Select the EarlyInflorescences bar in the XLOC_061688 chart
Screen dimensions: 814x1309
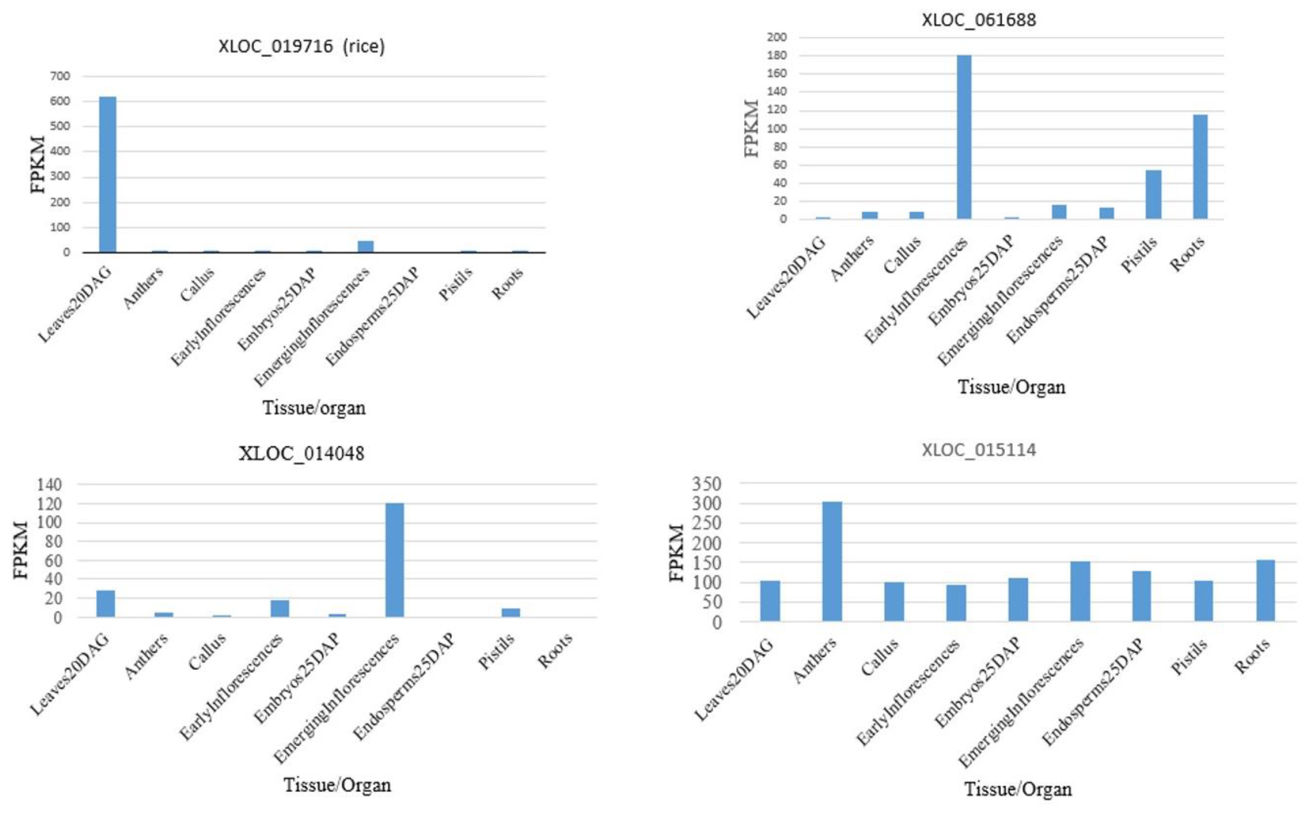pyautogui.click(x=964, y=137)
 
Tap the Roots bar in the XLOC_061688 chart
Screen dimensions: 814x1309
pyautogui.click(x=1200, y=167)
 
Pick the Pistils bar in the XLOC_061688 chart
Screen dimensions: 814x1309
pyautogui.click(x=1153, y=194)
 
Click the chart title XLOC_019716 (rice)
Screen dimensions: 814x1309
pyautogui.click(x=302, y=46)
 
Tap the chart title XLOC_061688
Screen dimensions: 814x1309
pyautogui.click(x=979, y=20)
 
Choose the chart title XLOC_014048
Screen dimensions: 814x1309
pyautogui.click(x=302, y=453)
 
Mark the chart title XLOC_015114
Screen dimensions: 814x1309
pyautogui.click(x=979, y=450)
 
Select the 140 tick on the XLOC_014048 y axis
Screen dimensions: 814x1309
pyautogui.click(x=49, y=485)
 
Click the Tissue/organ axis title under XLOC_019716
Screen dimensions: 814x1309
pyautogui.click(x=314, y=408)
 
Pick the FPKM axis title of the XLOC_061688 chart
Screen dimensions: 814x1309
pyautogui.click(x=752, y=128)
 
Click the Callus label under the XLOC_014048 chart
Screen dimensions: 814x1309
pyautogui.click(x=207, y=652)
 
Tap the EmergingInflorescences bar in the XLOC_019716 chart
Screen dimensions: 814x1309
pyautogui.click(x=366, y=246)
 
